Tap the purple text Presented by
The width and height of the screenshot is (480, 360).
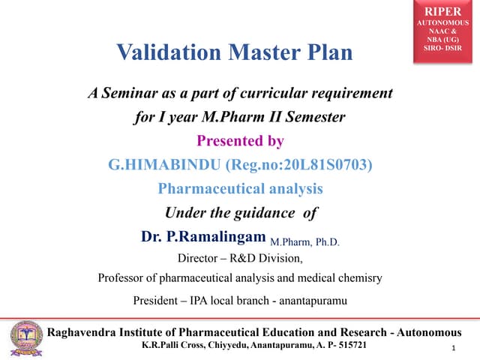[x=240, y=141]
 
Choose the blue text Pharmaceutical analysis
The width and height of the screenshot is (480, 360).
[x=240, y=188]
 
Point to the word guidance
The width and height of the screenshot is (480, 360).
[x=259, y=212]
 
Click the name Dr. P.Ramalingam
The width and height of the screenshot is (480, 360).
[x=203, y=237]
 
